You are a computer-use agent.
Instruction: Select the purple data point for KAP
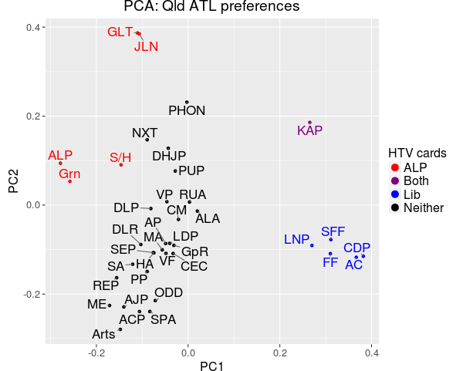(x=309, y=122)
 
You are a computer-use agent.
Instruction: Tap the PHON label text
(x=187, y=111)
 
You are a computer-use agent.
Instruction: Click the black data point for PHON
(x=187, y=102)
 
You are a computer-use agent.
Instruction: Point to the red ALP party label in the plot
(x=60, y=155)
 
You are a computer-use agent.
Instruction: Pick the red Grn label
(x=69, y=174)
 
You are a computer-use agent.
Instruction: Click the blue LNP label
(x=296, y=239)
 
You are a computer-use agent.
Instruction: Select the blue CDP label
(x=357, y=248)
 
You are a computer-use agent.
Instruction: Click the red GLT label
(x=120, y=32)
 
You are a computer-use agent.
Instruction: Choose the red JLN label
(x=146, y=46)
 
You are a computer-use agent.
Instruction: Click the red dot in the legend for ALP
(x=394, y=167)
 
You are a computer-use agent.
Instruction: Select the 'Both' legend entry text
(x=416, y=181)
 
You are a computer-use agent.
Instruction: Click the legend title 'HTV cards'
(x=417, y=152)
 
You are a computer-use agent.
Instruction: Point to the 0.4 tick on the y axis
(x=34, y=28)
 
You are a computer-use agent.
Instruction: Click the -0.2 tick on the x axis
(x=96, y=353)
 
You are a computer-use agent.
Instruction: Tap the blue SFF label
(x=333, y=231)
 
